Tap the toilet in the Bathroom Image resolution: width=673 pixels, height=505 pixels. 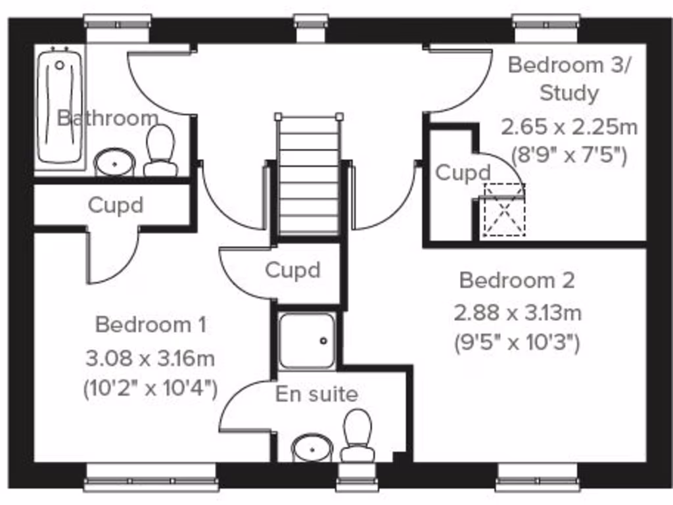tap(160, 151)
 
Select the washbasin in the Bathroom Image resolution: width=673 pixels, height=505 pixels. tap(114, 162)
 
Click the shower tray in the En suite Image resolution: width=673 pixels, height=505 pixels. tap(307, 341)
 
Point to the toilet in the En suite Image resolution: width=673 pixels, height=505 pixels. tap(358, 435)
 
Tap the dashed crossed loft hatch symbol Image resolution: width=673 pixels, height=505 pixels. tap(505, 210)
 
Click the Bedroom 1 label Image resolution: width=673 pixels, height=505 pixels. tap(151, 324)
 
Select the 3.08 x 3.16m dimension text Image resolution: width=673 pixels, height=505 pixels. tap(151, 358)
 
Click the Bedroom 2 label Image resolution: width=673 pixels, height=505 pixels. tap(517, 280)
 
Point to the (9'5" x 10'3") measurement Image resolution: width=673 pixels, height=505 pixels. tap(517, 343)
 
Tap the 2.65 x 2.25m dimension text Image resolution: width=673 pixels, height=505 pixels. tap(569, 126)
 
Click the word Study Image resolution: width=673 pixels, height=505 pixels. tap(569, 93)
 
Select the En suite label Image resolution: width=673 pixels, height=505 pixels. tap(317, 394)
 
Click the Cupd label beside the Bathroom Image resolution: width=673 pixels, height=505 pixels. tap(115, 204)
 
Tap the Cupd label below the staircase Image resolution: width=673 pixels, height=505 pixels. tap(292, 270)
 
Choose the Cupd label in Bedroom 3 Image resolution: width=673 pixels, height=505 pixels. tap(463, 173)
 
